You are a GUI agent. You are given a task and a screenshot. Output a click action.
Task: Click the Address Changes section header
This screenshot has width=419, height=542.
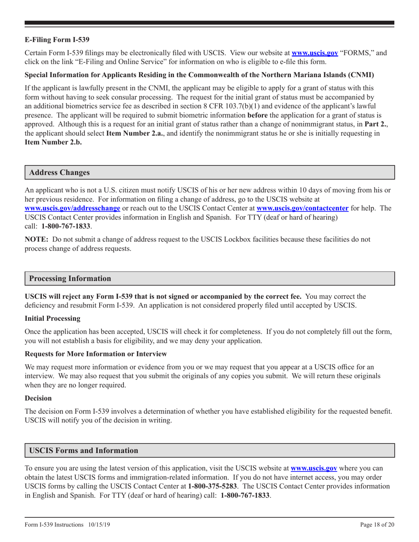(59, 173)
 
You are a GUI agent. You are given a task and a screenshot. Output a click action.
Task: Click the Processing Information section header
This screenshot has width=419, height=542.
(70, 278)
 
